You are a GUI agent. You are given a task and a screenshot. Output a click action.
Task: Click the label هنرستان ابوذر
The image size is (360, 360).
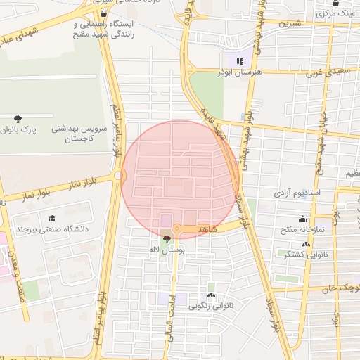coord(240,72)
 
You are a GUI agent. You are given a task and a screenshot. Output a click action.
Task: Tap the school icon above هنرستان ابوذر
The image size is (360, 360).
coord(240,61)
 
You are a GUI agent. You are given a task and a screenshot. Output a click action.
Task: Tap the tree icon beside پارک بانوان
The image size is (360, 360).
coord(18,118)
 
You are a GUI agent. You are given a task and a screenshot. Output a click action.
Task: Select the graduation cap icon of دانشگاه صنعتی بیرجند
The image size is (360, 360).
coord(50,219)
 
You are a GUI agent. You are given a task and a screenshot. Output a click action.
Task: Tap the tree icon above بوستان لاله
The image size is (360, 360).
coord(166,239)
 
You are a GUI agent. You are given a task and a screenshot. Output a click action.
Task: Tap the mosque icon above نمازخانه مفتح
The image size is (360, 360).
coord(302,219)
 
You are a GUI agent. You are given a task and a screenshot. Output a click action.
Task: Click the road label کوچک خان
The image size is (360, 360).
coord(342,288)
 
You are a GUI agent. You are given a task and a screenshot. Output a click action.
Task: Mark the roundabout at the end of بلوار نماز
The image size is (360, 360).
coord(118,175)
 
